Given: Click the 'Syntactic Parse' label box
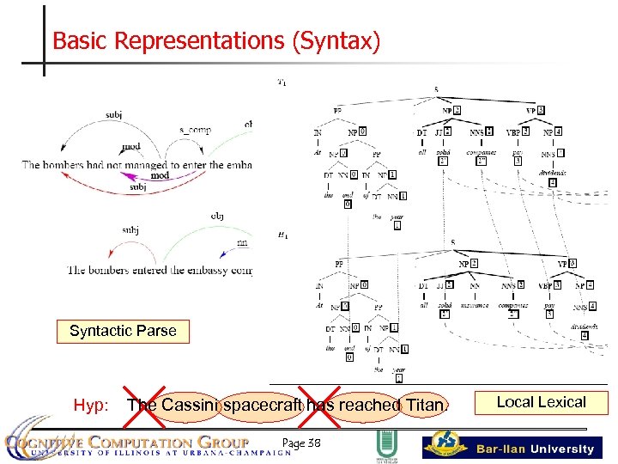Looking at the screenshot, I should [123, 331].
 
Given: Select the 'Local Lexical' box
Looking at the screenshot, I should [541, 402].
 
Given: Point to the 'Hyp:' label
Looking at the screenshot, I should [90, 405].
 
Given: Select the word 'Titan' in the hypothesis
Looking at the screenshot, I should [424, 405].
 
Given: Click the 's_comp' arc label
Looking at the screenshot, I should [195, 130].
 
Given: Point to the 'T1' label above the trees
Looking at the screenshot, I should [282, 83].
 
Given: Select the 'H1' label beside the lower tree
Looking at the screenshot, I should [282, 235].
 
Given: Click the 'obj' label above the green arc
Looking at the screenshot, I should [217, 217].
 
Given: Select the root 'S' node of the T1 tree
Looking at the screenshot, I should [437, 89].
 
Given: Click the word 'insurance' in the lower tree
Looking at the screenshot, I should [475, 305].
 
